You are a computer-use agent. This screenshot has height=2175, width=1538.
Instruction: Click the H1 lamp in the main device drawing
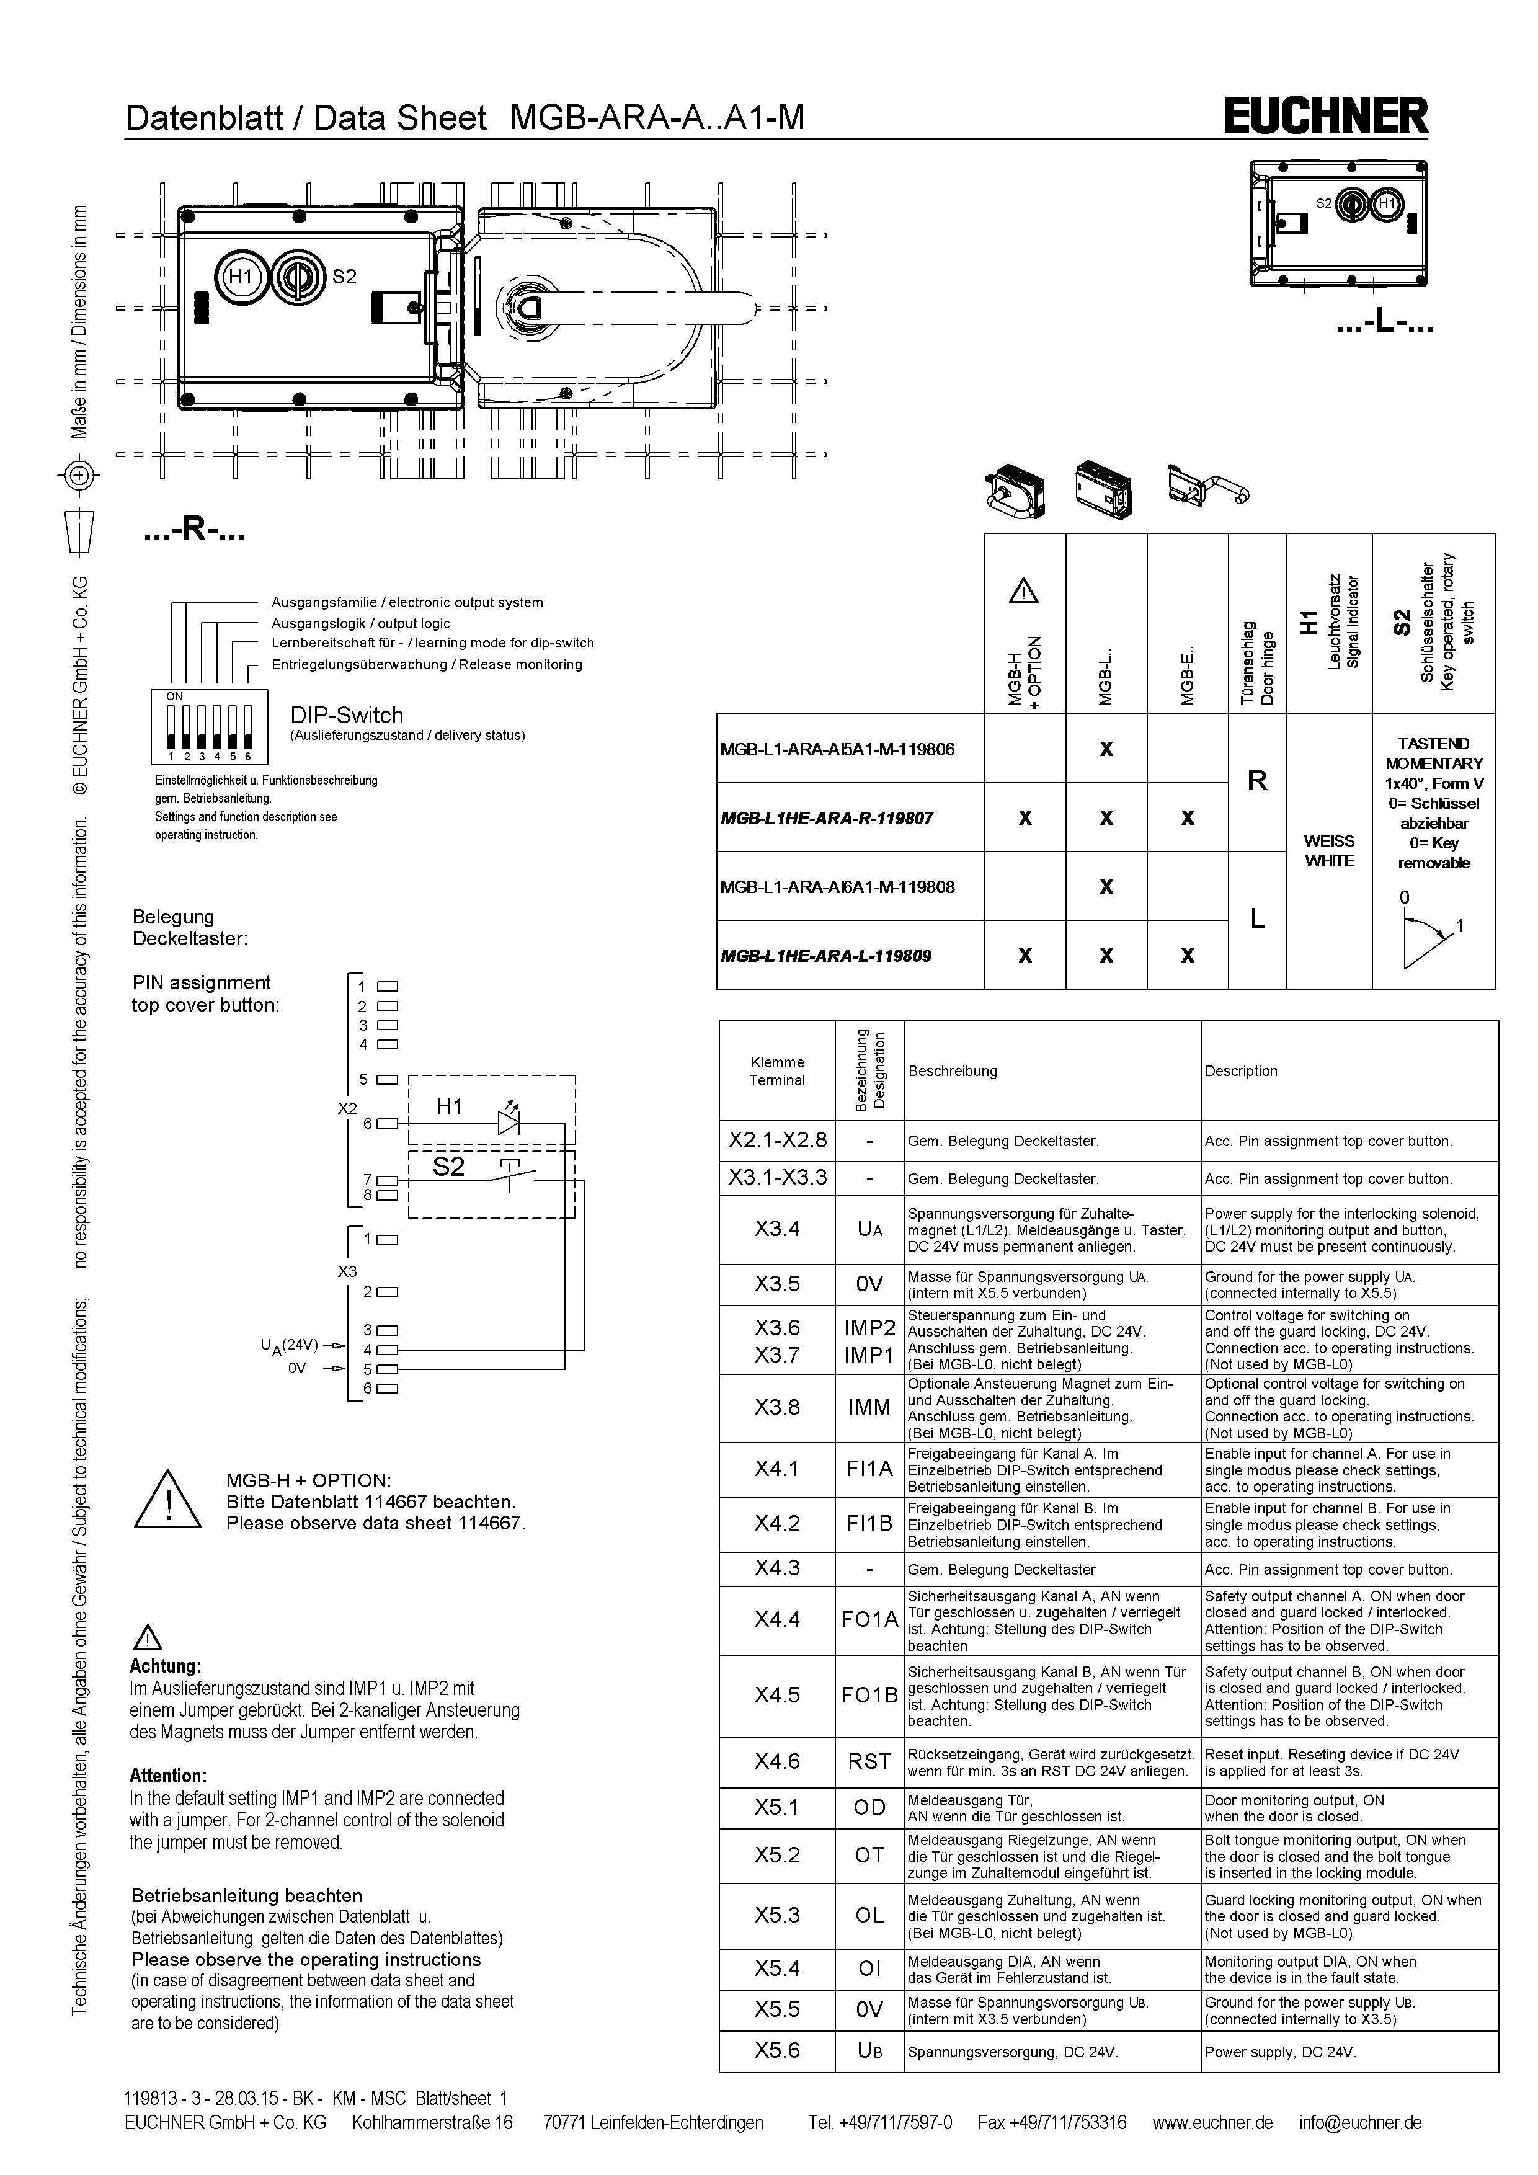241,277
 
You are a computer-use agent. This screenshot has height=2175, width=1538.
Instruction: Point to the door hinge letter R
1256,781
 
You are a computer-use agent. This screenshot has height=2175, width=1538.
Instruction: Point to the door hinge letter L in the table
1256,919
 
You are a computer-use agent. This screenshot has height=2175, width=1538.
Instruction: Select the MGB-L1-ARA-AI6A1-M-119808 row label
837,887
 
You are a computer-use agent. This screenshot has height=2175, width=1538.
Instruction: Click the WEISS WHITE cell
1329,851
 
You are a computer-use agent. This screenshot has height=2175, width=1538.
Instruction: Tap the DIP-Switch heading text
347,715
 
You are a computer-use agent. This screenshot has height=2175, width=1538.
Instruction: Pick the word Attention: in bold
167,1776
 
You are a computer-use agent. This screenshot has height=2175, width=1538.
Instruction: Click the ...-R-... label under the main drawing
194,532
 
